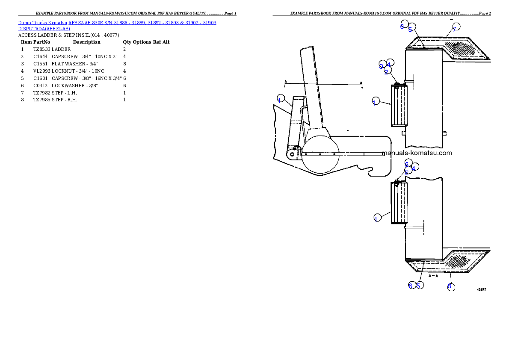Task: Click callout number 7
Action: (x=455, y=27)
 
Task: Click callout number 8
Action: (x=450, y=286)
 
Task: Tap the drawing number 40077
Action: (x=481, y=289)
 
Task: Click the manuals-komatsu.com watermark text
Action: (x=417, y=153)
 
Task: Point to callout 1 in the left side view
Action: (x=280, y=98)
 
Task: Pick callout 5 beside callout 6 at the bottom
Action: (x=419, y=285)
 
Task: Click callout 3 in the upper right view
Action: (x=382, y=66)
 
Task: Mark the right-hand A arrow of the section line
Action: (x=361, y=84)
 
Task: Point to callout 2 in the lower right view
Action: (x=407, y=171)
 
